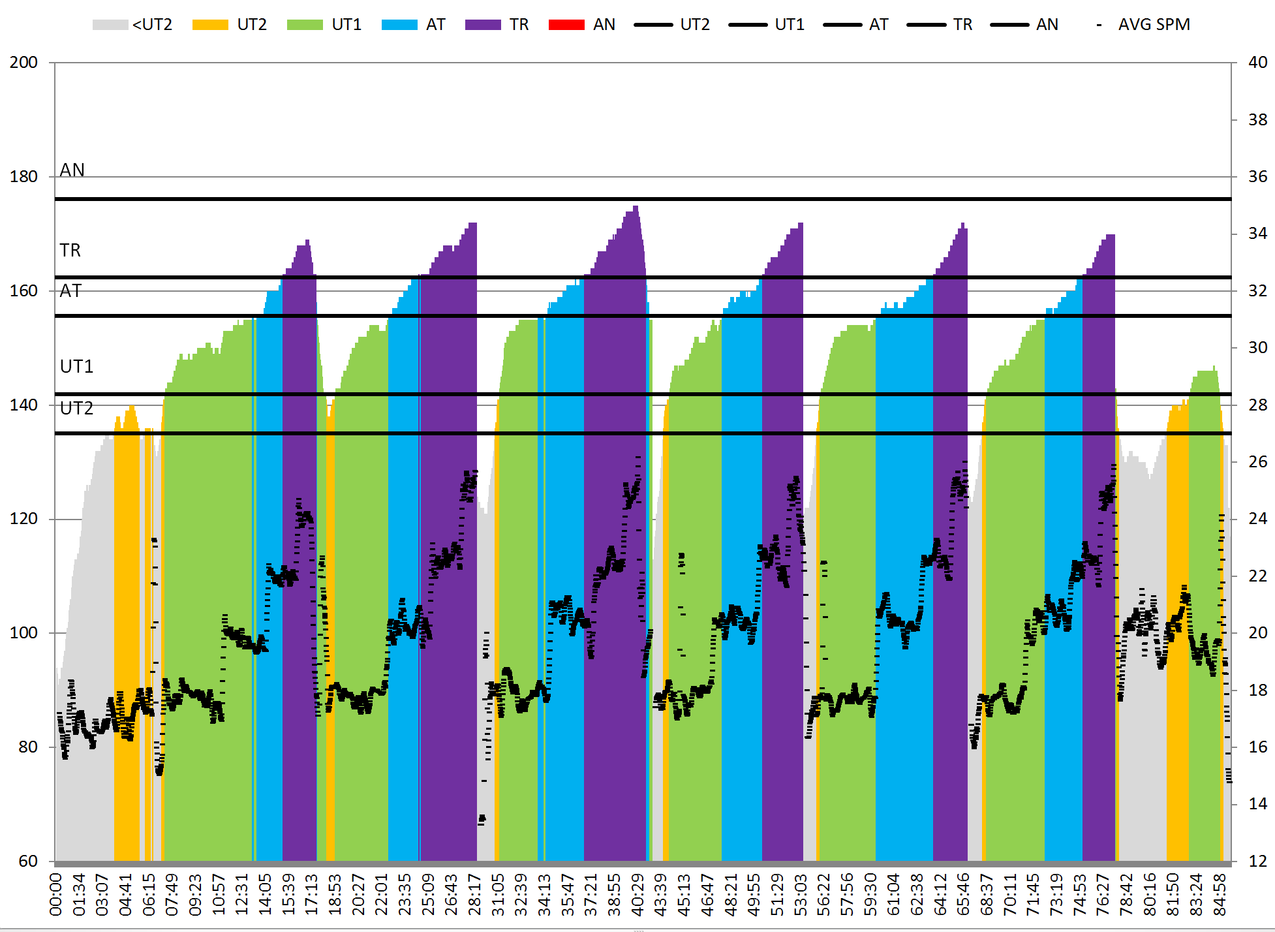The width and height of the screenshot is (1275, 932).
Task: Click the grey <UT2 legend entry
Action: pyautogui.click(x=132, y=25)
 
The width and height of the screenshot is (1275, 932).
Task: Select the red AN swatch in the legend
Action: pyautogui.click(x=566, y=25)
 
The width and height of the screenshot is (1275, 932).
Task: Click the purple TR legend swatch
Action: pyautogui.click(x=483, y=25)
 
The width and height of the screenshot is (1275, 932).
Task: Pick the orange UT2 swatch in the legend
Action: pyautogui.click(x=210, y=25)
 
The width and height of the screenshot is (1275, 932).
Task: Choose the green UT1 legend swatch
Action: pyautogui.click(x=305, y=25)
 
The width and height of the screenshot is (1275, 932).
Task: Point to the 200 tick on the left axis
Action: pyautogui.click(x=23, y=63)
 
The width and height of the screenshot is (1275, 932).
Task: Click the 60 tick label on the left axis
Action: pyautogui.click(x=28, y=861)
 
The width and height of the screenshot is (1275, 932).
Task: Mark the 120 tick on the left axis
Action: pyautogui.click(x=23, y=519)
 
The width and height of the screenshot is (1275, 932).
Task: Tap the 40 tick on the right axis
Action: pyautogui.click(x=1257, y=63)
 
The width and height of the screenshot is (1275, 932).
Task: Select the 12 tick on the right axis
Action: pyautogui.click(x=1257, y=861)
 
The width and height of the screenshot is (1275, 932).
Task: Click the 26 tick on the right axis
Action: pyautogui.click(x=1257, y=462)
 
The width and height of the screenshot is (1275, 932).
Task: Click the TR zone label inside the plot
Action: pyautogui.click(x=70, y=251)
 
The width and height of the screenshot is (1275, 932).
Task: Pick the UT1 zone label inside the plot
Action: pyautogui.click(x=76, y=367)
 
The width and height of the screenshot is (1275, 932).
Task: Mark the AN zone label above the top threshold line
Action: pyautogui.click(x=72, y=170)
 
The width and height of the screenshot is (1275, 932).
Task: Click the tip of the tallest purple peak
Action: pyautogui.click(x=636, y=207)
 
